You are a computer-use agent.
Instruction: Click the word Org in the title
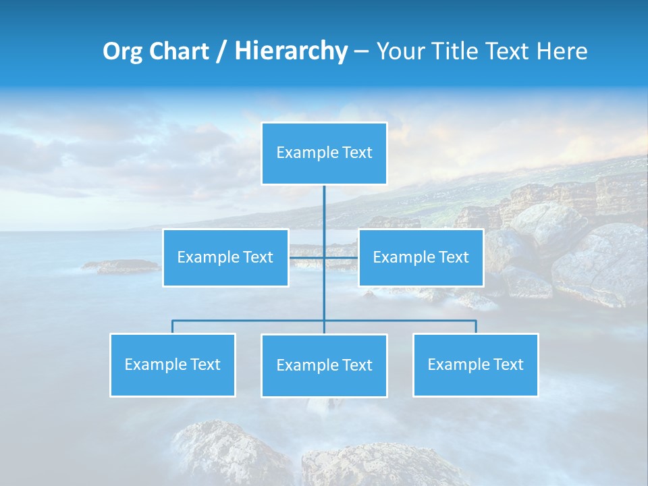click(x=124, y=51)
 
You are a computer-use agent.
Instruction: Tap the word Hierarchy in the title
click(x=291, y=51)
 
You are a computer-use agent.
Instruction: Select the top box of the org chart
click(x=324, y=153)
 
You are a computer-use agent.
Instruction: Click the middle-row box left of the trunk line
click(x=225, y=257)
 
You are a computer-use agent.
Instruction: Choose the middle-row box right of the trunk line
click(x=421, y=257)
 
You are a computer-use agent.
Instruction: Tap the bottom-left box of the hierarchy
click(x=172, y=364)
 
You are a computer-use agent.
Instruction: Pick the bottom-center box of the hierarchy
click(x=324, y=365)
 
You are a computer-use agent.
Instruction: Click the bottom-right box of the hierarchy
click(x=475, y=364)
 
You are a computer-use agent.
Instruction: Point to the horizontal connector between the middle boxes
click(x=307, y=257)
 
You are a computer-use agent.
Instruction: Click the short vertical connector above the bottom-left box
click(x=172, y=327)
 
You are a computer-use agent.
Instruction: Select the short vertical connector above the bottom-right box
click(x=475, y=327)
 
